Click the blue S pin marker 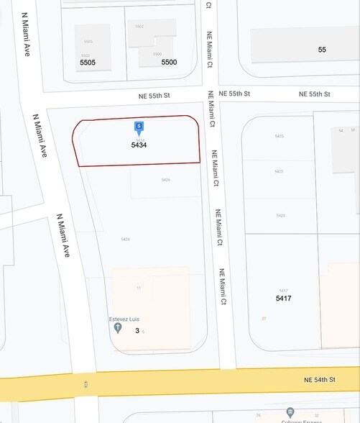point(139,128)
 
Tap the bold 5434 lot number point(139,145)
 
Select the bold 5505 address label point(88,63)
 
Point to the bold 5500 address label point(169,63)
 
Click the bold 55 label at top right point(322,50)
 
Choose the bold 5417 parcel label point(284,298)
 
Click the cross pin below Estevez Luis point(118,327)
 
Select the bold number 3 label point(137,331)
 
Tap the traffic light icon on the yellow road point(86,385)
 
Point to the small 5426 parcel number point(166,180)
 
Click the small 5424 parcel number point(126,239)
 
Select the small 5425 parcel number point(279,136)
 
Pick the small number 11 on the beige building point(139,288)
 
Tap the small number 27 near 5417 point(264,318)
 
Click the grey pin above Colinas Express point(290,412)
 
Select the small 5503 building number point(86,55)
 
